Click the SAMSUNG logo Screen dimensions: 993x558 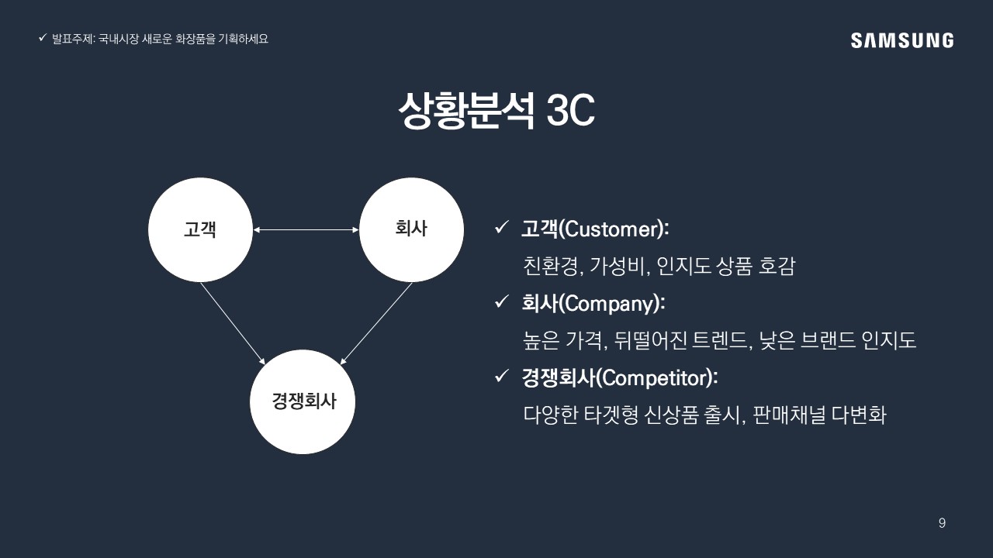pos(902,40)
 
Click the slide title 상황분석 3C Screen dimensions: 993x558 pos(496,110)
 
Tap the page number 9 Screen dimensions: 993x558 pos(942,523)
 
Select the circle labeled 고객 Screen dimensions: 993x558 pos(200,230)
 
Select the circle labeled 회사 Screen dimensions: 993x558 pos(411,230)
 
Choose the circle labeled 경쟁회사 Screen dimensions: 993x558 pos(303,401)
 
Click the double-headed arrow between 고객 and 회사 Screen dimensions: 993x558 pos(306,230)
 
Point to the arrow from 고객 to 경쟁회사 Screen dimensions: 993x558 pos(233,323)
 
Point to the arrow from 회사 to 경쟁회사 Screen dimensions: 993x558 pos(376,323)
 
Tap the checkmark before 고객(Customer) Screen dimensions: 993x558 pos(501,228)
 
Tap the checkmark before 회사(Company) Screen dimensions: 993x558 pos(501,302)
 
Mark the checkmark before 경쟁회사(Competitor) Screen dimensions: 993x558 pos(501,377)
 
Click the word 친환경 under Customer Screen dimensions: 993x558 pos(550,266)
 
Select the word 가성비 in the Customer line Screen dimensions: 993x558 pos(617,266)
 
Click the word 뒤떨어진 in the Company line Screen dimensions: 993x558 pos(650,340)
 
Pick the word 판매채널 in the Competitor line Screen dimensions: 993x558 pos(789,415)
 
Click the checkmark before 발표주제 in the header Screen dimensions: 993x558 pos(43,38)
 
